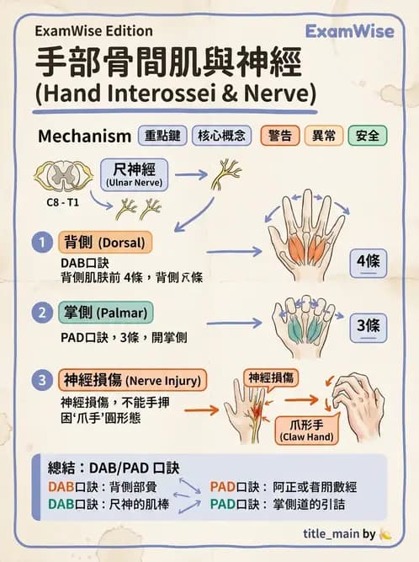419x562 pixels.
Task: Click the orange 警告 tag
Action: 279,136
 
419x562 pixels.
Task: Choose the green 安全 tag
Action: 366,136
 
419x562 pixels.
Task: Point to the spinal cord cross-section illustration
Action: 60,176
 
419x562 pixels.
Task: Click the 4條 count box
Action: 368,262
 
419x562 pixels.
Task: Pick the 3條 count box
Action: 368,324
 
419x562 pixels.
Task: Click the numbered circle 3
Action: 42,380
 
